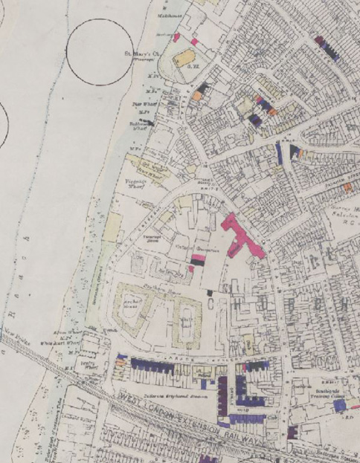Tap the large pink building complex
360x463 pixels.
click(x=242, y=238)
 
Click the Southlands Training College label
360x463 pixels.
click(x=312, y=393)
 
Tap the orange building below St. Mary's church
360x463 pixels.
click(x=197, y=95)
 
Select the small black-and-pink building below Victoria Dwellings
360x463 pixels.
click(x=196, y=262)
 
